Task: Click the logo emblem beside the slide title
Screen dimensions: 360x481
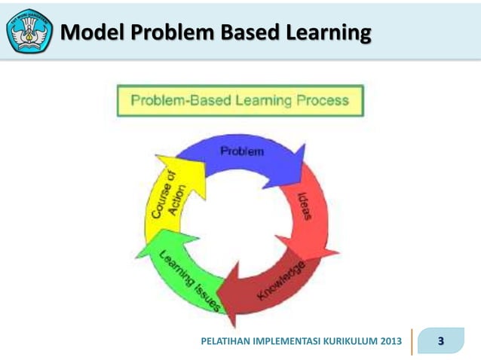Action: (x=29, y=31)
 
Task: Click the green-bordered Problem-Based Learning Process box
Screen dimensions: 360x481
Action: (x=240, y=100)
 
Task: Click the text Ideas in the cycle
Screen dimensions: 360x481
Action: (x=306, y=205)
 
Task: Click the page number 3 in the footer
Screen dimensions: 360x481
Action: (x=441, y=341)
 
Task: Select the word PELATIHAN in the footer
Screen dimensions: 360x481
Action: (x=226, y=342)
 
